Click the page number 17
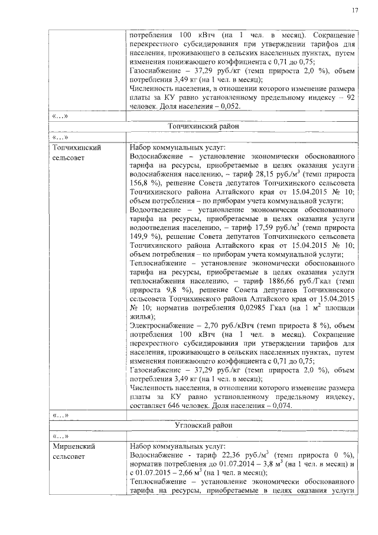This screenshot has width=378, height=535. tap(355, 10)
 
